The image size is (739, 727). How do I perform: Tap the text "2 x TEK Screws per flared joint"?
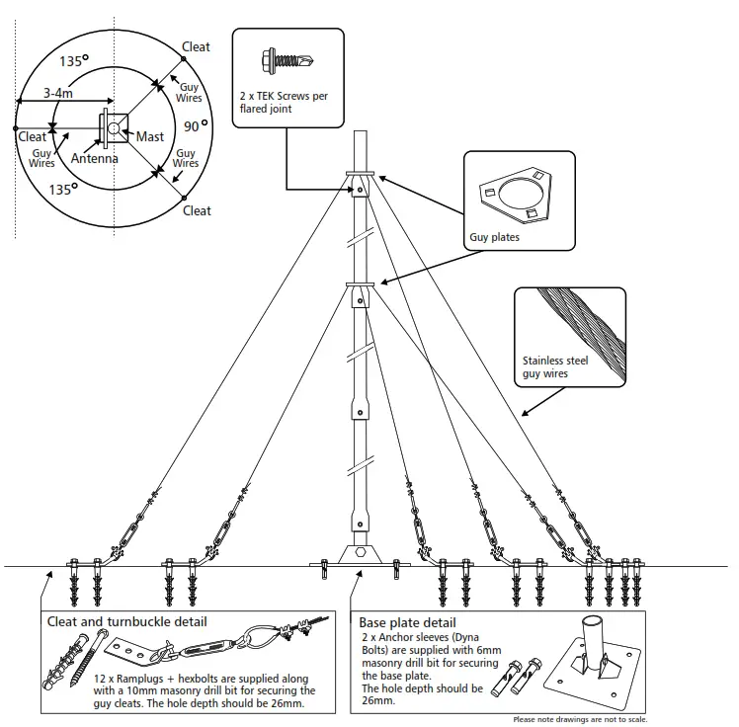[x=282, y=103]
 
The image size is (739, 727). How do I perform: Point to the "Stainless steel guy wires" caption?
[x=554, y=367]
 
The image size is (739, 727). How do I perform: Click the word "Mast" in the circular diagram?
[x=151, y=136]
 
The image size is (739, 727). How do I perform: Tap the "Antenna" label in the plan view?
[x=94, y=158]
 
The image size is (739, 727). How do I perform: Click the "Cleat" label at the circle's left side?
[x=32, y=137]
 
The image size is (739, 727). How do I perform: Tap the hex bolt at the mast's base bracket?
[x=361, y=554]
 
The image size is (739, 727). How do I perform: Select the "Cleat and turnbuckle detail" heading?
[x=127, y=622]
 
